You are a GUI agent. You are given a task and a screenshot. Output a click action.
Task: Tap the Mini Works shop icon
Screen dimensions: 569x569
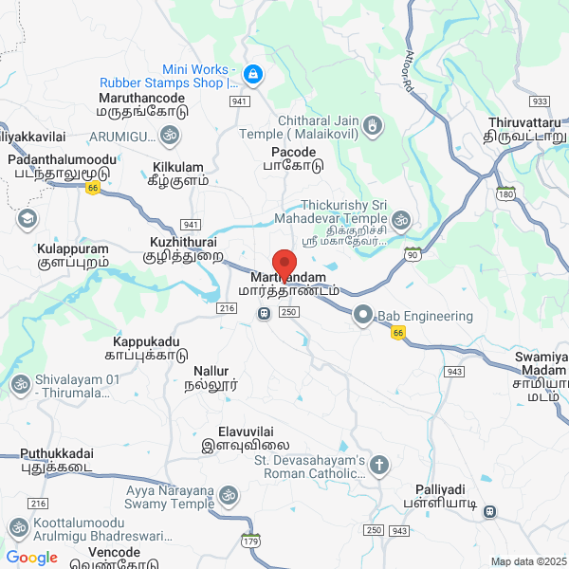[x=252, y=73]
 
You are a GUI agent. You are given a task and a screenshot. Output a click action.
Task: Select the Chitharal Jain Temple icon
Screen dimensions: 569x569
[x=374, y=124]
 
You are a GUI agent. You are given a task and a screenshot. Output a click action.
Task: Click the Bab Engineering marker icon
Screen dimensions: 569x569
[x=362, y=313]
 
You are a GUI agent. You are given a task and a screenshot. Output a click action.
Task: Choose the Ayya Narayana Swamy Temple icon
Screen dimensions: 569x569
[x=228, y=494]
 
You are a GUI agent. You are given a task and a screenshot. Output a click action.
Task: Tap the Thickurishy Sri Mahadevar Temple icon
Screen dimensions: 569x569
[x=401, y=220]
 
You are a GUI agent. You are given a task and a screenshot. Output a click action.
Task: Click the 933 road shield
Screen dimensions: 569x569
[x=541, y=101]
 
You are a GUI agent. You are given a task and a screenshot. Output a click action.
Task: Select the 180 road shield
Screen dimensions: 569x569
[x=505, y=193]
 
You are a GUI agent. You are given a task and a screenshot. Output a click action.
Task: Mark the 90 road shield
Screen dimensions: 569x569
[x=412, y=254]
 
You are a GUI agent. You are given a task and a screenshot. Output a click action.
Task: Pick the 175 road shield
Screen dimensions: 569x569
[x=250, y=540]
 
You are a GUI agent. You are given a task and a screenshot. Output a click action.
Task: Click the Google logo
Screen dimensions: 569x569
[x=31, y=558]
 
